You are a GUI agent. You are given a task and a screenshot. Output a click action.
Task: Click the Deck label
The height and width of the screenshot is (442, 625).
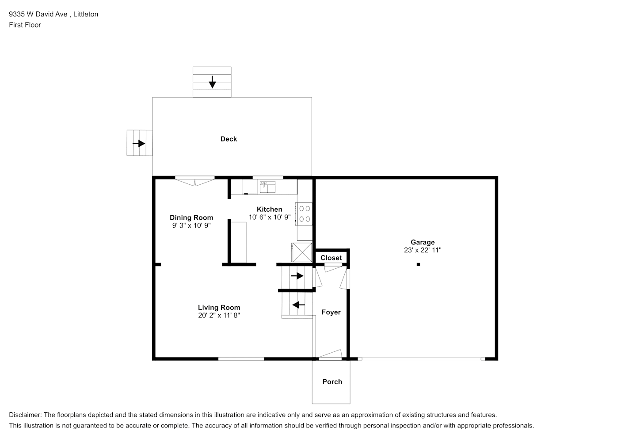coord(229,139)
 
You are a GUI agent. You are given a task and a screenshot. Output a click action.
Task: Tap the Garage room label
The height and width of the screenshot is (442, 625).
coord(423,242)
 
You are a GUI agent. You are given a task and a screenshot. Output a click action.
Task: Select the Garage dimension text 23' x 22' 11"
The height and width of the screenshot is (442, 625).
coord(423,250)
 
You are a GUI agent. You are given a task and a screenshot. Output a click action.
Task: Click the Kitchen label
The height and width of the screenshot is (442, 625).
coord(269,209)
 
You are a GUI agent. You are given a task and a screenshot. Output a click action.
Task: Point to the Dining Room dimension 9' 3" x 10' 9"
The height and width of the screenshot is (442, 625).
coord(191,225)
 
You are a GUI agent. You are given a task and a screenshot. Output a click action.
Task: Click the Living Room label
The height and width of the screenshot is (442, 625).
coord(219,308)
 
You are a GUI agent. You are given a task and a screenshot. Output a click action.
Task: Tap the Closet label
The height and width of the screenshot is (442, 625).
coord(331,258)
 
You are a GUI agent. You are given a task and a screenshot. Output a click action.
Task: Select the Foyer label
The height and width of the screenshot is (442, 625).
coord(331,312)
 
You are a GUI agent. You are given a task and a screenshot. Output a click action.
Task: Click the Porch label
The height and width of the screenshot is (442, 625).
coord(332,382)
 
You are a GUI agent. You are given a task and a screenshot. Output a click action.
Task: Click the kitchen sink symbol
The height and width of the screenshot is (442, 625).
coord(267,187)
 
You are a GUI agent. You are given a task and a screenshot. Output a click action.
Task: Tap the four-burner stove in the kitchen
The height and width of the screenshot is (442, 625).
coord(304,214)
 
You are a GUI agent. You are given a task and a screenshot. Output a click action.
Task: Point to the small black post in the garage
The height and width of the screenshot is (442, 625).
coord(418,264)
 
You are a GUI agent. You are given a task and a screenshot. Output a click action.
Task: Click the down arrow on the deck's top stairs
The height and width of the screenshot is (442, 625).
coord(212,82)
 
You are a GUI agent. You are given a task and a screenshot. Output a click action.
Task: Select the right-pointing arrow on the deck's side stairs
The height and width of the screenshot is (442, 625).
coord(139,143)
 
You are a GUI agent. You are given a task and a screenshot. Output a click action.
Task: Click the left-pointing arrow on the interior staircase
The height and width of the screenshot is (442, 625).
coord(298,305)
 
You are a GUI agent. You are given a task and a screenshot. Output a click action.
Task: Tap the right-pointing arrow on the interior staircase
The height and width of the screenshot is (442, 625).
coord(297,276)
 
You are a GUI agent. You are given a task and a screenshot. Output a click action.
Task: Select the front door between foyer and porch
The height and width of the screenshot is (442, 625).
coord(330,354)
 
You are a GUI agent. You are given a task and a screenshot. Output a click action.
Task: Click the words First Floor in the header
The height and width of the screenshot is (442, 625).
coord(25,25)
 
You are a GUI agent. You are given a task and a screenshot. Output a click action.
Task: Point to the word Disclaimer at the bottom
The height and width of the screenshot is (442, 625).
coord(25,415)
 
